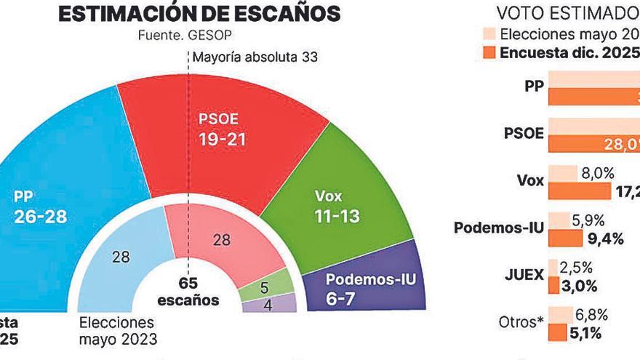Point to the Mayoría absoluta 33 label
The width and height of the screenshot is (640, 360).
[255, 56]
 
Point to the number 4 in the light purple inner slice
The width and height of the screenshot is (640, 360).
[268, 305]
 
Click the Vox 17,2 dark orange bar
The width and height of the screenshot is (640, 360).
[579, 191]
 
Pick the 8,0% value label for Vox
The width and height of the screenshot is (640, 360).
[598, 173]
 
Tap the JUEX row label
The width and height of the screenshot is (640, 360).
[524, 276]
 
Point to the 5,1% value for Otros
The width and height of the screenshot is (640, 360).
[585, 332]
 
